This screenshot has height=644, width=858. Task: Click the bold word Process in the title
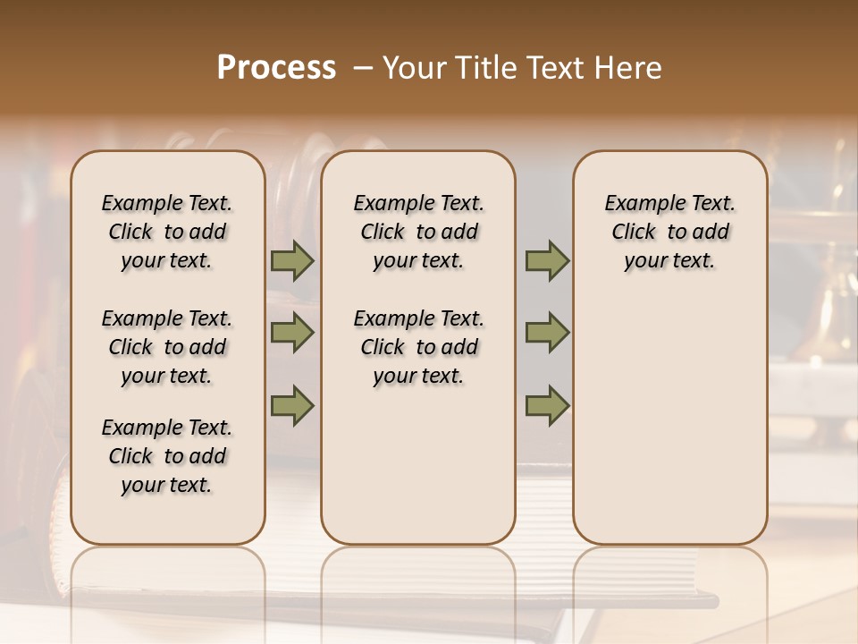pos(276,68)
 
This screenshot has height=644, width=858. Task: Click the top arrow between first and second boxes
pos(291,261)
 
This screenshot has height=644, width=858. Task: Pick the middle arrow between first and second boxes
pos(291,334)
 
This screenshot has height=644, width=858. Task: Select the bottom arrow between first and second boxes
pos(291,405)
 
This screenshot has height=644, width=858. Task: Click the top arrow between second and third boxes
pos(546,261)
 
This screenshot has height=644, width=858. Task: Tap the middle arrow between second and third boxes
pos(546,334)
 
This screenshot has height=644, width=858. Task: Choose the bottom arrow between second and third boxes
pos(546,405)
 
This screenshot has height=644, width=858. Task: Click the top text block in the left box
pos(167,232)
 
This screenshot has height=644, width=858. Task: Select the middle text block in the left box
pos(167,347)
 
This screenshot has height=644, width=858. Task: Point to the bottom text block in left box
pos(167,456)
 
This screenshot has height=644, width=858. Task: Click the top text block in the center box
pos(418,232)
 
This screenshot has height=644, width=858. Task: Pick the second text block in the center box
pos(418,347)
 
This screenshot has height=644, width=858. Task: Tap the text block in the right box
pos(669,232)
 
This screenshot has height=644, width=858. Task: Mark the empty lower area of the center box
pos(418,465)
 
